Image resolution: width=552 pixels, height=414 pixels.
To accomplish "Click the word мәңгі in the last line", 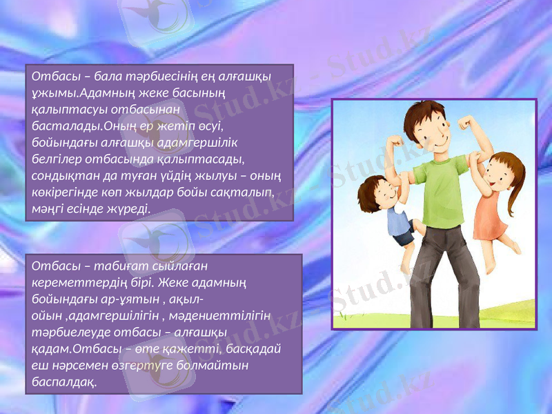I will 48,208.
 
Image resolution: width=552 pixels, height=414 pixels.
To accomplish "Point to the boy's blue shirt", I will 397,221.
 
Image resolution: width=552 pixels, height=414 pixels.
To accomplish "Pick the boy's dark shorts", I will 402,238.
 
